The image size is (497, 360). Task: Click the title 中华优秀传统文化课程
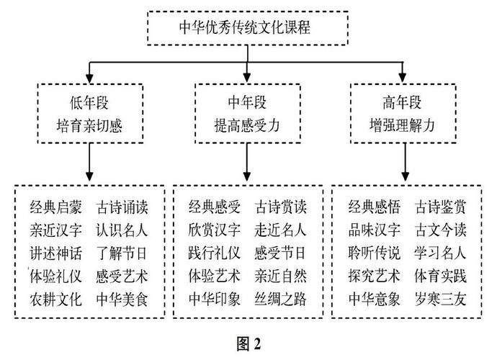(245, 27)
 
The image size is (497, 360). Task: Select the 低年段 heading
(89, 103)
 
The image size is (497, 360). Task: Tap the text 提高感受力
(247, 125)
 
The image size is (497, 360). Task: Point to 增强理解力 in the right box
(402, 125)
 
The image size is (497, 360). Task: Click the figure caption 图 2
(249, 343)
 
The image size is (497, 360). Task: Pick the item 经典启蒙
(56, 207)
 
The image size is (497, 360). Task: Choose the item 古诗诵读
(122, 207)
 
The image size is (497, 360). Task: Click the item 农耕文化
(56, 299)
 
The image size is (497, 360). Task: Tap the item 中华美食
(122, 299)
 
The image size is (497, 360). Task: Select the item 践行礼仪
(215, 253)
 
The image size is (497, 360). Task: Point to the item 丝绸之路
(280, 299)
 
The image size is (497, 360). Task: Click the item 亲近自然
(280, 276)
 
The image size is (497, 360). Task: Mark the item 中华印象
(215, 299)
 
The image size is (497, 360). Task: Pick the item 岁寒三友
(440, 299)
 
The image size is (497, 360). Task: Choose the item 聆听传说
(375, 253)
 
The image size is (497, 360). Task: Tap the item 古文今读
(440, 230)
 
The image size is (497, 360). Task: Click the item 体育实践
(440, 276)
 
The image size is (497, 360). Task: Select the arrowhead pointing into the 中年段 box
(247, 78)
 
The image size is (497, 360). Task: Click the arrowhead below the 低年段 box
(90, 176)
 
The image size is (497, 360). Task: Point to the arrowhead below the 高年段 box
(405, 176)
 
